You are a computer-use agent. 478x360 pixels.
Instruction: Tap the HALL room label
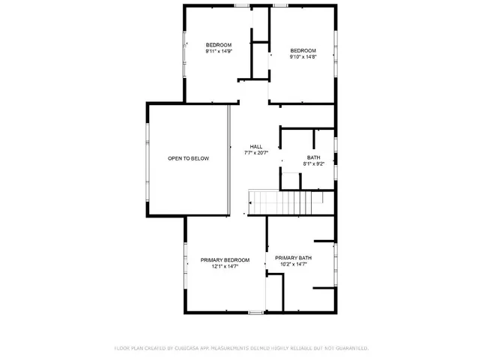click(256, 146)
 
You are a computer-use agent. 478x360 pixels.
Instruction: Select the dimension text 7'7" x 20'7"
click(256, 153)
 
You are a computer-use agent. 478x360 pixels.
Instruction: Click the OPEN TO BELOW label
click(188, 158)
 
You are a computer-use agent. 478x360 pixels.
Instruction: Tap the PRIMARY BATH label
click(293, 257)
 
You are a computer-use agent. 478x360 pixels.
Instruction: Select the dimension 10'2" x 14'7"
click(293, 264)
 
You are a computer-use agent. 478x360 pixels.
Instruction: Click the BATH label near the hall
click(313, 157)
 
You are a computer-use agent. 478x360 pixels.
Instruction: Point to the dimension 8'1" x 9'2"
click(313, 163)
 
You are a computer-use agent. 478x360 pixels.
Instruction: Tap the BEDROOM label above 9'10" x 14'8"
click(303, 49)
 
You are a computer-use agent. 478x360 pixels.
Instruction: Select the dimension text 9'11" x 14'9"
click(219, 52)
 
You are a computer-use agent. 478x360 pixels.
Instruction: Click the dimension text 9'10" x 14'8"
click(303, 56)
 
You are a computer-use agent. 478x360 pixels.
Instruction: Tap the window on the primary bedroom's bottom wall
click(256, 311)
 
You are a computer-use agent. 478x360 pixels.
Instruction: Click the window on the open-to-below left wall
click(147, 158)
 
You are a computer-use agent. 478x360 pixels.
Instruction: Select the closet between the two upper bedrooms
click(259, 60)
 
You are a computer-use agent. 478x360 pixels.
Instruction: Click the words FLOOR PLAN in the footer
click(130, 348)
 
